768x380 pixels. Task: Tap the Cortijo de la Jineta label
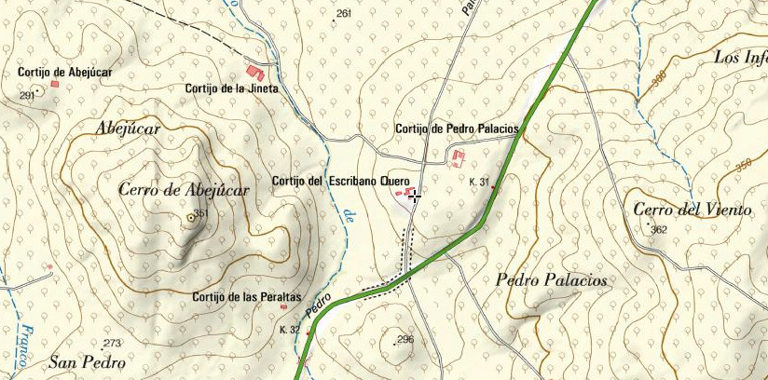pyautogui.click(x=232, y=89)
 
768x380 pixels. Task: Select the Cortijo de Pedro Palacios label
pyautogui.click(x=457, y=129)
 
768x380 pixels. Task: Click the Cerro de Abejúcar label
pyautogui.click(x=185, y=190)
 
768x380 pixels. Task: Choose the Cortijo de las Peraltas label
pyautogui.click(x=246, y=297)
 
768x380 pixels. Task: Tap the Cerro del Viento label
pyautogui.click(x=692, y=210)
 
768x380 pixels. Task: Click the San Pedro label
pyautogui.click(x=87, y=361)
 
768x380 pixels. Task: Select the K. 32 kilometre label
pyautogui.click(x=289, y=330)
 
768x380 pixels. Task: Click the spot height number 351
pyautogui.click(x=200, y=213)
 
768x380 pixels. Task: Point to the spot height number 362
pyautogui.click(x=660, y=229)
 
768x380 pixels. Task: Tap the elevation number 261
pyautogui.click(x=344, y=13)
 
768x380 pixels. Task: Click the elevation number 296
pyautogui.click(x=405, y=339)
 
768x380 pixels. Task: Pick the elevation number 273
pyautogui.click(x=113, y=344)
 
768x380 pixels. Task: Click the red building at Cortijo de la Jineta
pyautogui.click(x=254, y=71)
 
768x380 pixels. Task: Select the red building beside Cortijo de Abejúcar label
pyautogui.click(x=55, y=84)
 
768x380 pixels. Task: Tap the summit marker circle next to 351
pyautogui.click(x=191, y=217)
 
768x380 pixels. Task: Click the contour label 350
pyautogui.click(x=743, y=166)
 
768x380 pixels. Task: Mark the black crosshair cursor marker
pyautogui.click(x=415, y=196)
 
